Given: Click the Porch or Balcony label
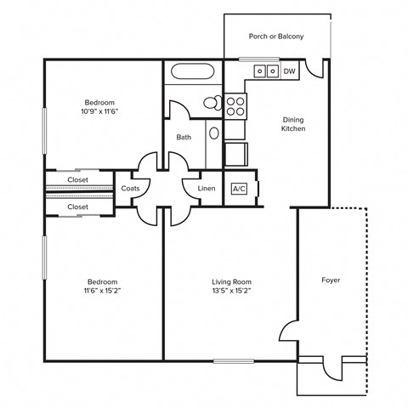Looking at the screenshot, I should (276, 37).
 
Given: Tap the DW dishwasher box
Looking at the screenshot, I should (289, 71).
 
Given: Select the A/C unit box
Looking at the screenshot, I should (239, 189).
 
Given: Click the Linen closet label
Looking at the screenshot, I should (207, 189).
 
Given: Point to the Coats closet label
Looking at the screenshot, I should (131, 189).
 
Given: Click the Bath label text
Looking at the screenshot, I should (184, 137).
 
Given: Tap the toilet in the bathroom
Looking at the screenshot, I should (212, 104).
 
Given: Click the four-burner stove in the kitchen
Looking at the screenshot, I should (235, 106).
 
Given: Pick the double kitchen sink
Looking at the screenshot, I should (267, 71).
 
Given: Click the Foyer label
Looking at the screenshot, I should (331, 280).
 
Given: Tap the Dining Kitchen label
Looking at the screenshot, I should (293, 124).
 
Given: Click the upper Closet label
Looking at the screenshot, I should (78, 179).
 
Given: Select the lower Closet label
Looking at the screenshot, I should (78, 207).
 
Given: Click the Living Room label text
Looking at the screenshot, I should (231, 281).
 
